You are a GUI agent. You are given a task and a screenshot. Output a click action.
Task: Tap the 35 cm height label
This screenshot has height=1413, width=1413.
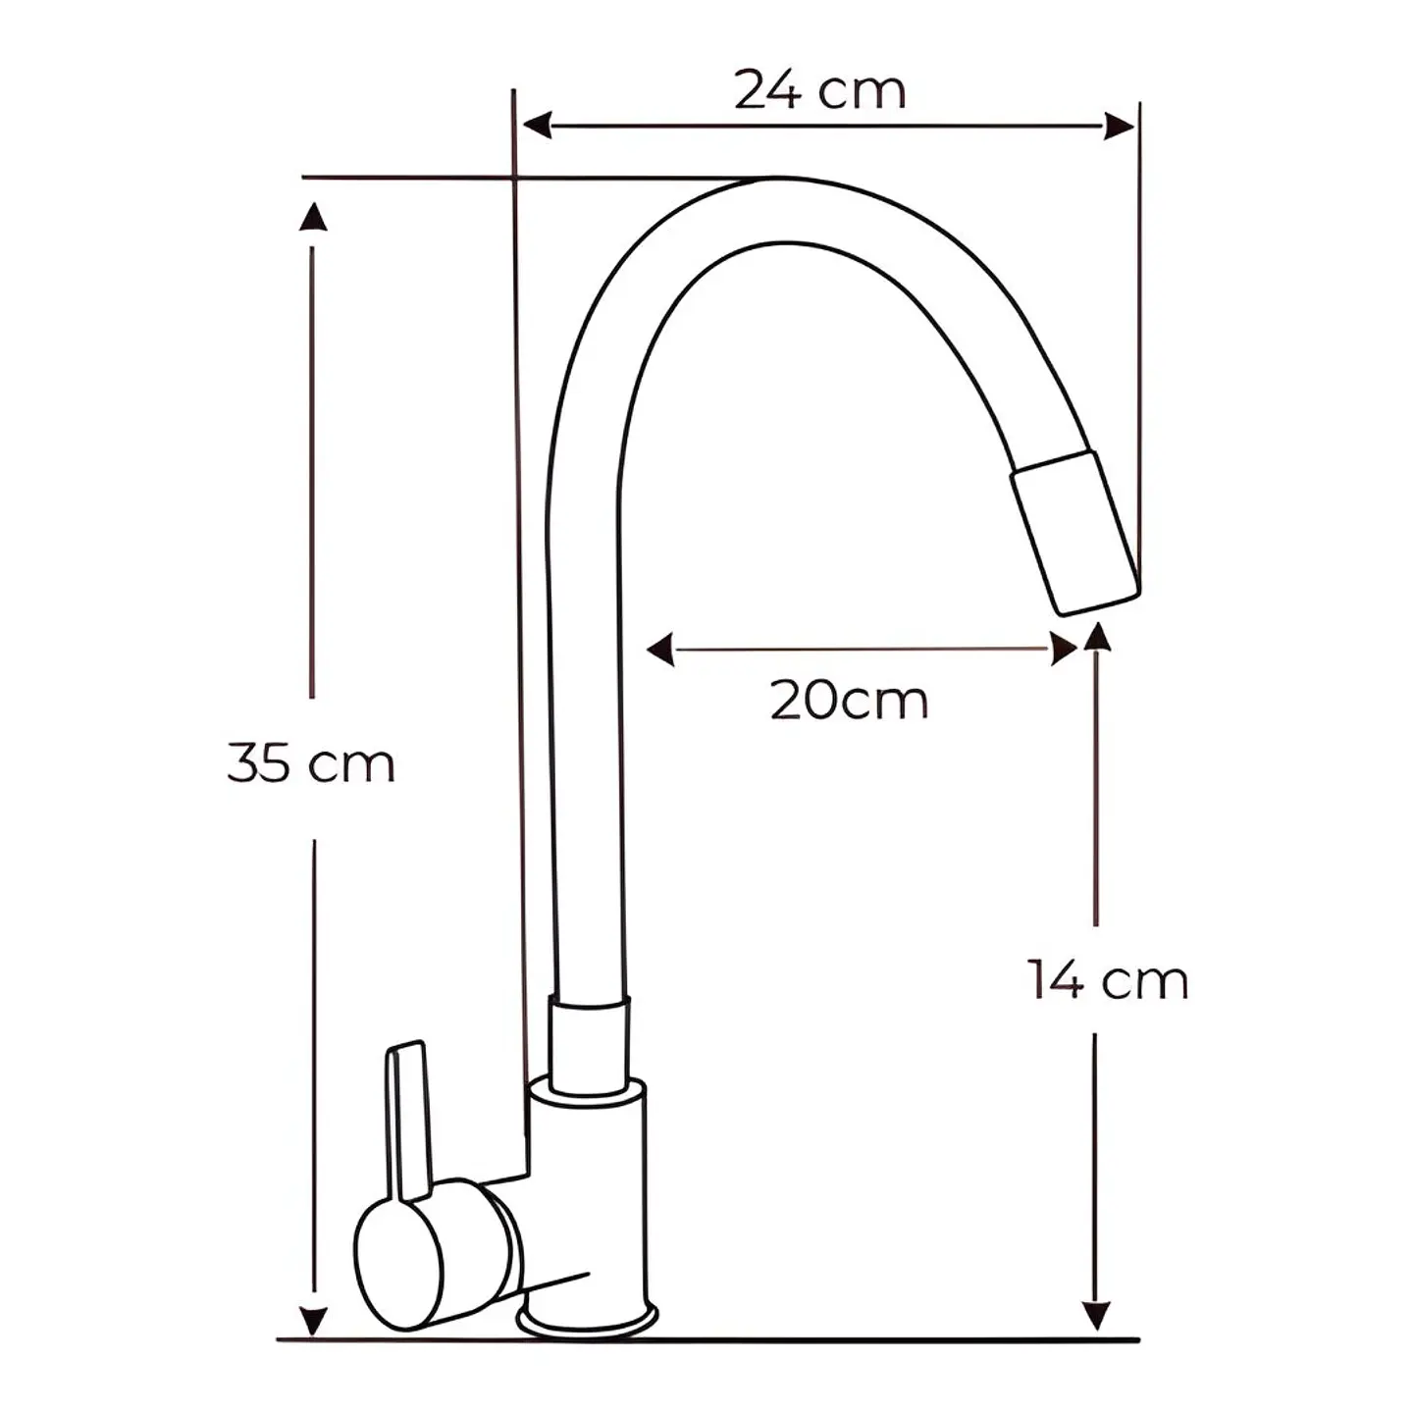pos(311,764)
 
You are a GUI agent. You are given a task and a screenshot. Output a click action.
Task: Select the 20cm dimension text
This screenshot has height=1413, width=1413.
pos(849,701)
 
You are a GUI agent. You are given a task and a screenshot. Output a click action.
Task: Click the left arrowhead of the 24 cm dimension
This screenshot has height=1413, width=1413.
pos(537,127)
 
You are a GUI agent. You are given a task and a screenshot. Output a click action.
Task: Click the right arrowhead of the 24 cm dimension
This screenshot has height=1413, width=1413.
pos(1119,127)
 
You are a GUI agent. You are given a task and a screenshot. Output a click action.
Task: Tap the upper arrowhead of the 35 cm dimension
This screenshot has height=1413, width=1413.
pos(313,216)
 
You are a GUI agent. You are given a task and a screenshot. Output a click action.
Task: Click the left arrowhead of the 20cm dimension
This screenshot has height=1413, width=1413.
pos(660,649)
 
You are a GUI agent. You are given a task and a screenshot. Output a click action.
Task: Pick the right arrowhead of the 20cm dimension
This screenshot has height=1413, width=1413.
pos(1064,649)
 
